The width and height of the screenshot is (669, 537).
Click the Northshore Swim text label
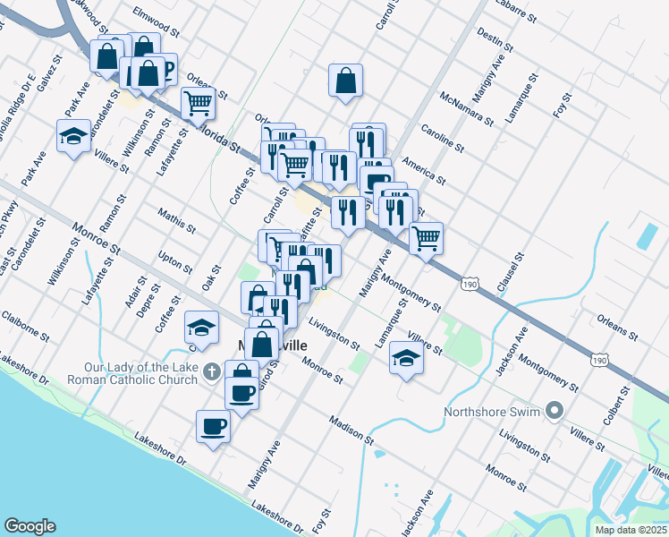(493, 413)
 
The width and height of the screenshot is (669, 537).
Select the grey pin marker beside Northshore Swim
(555, 412)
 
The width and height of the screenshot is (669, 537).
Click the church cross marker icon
(211, 370)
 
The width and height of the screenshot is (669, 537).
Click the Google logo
(30, 526)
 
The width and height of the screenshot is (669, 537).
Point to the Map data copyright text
(631, 530)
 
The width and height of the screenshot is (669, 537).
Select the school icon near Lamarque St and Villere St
(406, 360)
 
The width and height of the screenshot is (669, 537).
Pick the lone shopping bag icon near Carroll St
(345, 81)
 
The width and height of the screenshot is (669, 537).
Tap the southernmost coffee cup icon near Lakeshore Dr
(213, 427)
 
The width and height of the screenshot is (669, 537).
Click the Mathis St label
(176, 220)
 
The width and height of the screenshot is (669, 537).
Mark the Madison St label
(351, 430)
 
